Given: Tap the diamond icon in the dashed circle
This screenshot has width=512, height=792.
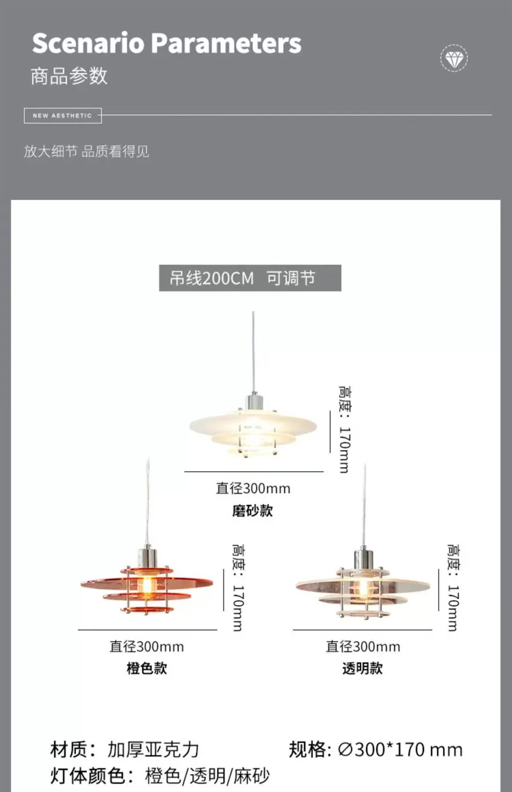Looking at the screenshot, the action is point(454,58).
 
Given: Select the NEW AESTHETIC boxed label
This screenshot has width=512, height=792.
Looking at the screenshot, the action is point(62,116).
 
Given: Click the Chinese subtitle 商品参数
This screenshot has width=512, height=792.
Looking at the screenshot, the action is point(69,76).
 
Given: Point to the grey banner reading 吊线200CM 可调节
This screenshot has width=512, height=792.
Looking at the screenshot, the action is point(250,278).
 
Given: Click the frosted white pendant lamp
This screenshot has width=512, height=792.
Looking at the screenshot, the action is point(253,427).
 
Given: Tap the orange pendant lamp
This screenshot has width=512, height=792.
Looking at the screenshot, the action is point(147,586).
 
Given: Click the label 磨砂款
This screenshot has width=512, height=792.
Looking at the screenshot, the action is point(252,511).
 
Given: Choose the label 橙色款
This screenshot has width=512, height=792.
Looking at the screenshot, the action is point(147,668).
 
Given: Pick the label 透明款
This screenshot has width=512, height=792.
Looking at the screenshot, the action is point(362,668).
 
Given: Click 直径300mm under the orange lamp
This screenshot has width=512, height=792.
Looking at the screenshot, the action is point(147,647).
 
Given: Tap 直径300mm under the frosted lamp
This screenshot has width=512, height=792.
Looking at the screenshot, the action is point(253,489).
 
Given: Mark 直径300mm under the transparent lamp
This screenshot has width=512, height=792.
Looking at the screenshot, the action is point(363,647).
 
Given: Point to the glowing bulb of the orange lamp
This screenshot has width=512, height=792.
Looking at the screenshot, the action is point(147,584).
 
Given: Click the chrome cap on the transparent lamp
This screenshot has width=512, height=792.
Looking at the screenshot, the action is point(364,555).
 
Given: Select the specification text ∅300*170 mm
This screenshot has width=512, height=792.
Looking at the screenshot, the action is point(400,750).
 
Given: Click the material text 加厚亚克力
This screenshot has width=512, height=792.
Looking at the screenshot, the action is point(153,750).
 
